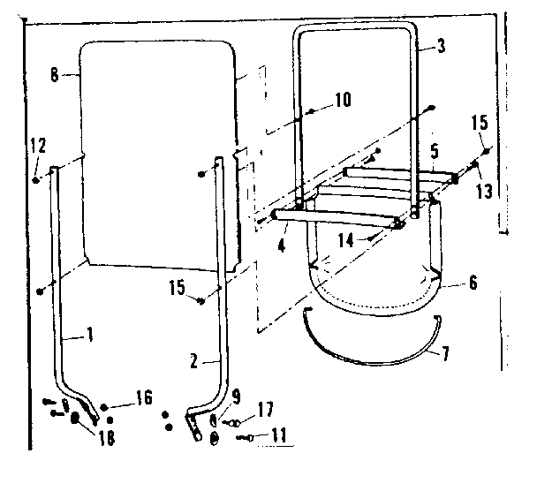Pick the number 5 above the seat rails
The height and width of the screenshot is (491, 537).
pos(435,152)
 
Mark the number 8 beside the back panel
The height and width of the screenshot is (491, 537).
pos(55,76)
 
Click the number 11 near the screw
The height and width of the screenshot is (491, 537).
pos(281,435)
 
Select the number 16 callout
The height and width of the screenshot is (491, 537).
pos(142,397)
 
